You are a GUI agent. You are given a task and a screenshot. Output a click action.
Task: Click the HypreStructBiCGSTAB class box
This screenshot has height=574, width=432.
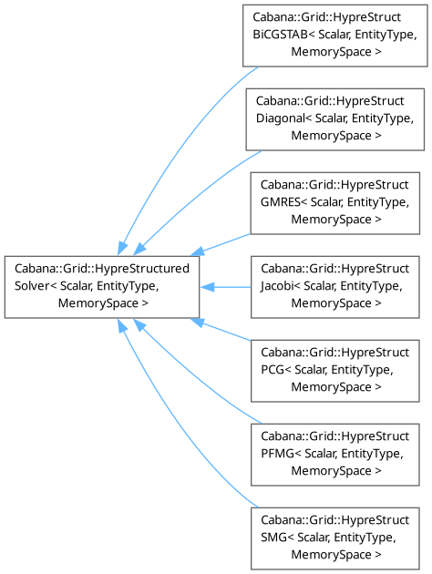[x=335, y=36]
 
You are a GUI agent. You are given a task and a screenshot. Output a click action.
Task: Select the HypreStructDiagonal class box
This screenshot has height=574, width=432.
[x=335, y=119]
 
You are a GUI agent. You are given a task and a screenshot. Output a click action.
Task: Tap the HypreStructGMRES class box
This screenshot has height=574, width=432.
[x=335, y=203]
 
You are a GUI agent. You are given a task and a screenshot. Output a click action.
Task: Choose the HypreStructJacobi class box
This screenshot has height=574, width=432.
[x=335, y=287]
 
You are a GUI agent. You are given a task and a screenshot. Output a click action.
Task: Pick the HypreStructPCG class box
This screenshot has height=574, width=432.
[x=335, y=371]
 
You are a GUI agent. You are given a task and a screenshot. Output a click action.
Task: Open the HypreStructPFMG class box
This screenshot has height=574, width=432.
[x=335, y=455]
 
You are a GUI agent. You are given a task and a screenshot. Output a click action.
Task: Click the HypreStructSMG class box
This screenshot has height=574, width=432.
[x=335, y=538]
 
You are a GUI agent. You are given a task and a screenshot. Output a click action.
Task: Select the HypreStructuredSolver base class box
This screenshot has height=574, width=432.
[x=102, y=287]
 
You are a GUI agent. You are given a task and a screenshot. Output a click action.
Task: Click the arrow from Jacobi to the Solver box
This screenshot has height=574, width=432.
[x=225, y=287]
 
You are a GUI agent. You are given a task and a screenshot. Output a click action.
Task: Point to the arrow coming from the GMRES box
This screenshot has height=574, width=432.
[x=221, y=244]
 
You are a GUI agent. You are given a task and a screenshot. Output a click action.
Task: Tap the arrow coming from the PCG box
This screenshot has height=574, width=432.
[x=221, y=330]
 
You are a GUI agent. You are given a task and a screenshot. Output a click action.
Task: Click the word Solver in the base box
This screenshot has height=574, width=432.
[x=32, y=286]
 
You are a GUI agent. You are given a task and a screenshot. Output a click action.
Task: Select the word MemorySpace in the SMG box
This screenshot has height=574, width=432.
[x=332, y=555]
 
